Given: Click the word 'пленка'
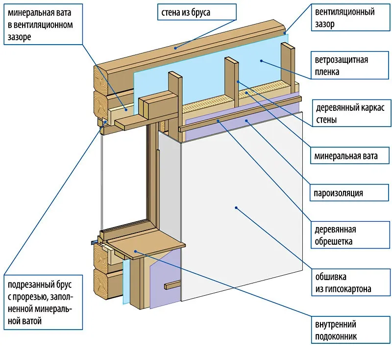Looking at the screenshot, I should (328, 72).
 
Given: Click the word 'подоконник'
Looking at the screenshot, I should (336, 336).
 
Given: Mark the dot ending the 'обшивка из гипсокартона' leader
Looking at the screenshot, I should (236, 208).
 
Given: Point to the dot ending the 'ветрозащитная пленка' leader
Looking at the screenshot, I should (261, 61).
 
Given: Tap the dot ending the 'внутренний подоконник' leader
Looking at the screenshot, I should (135, 252).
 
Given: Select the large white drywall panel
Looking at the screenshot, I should (240, 216).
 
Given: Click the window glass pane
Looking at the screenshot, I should (122, 181).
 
